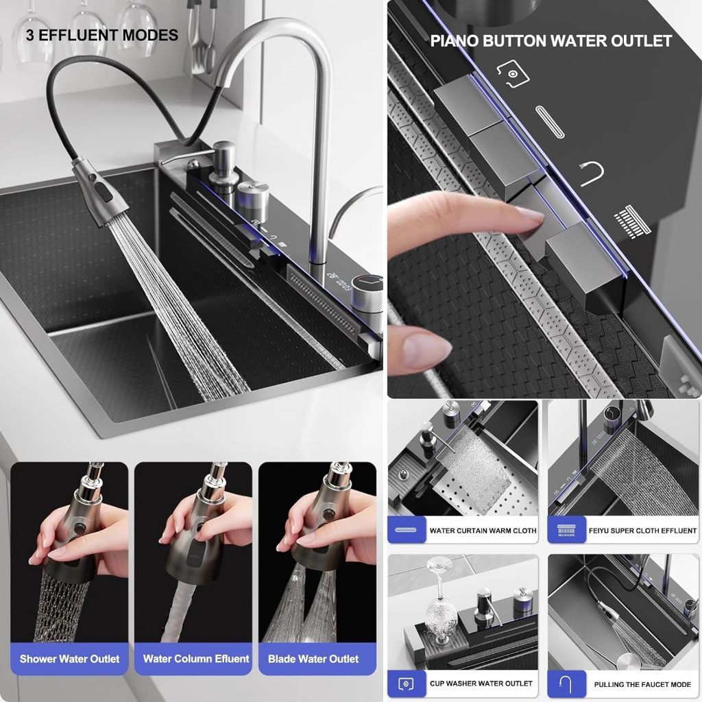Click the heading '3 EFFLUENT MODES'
102,35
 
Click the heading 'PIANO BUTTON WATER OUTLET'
550,40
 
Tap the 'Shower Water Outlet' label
69,659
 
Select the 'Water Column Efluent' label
196,659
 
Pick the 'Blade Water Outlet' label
313,659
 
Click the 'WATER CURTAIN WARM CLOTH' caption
483,531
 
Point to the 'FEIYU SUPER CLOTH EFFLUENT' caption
642,531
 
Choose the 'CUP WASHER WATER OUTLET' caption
481,683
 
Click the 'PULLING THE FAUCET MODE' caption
642,684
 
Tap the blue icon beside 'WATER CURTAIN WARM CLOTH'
407,530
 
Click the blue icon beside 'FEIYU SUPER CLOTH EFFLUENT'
566,530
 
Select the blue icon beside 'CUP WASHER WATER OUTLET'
407,683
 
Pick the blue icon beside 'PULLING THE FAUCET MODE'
566,683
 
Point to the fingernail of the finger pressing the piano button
530,217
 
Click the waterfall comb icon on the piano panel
632,221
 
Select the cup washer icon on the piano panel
513,73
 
